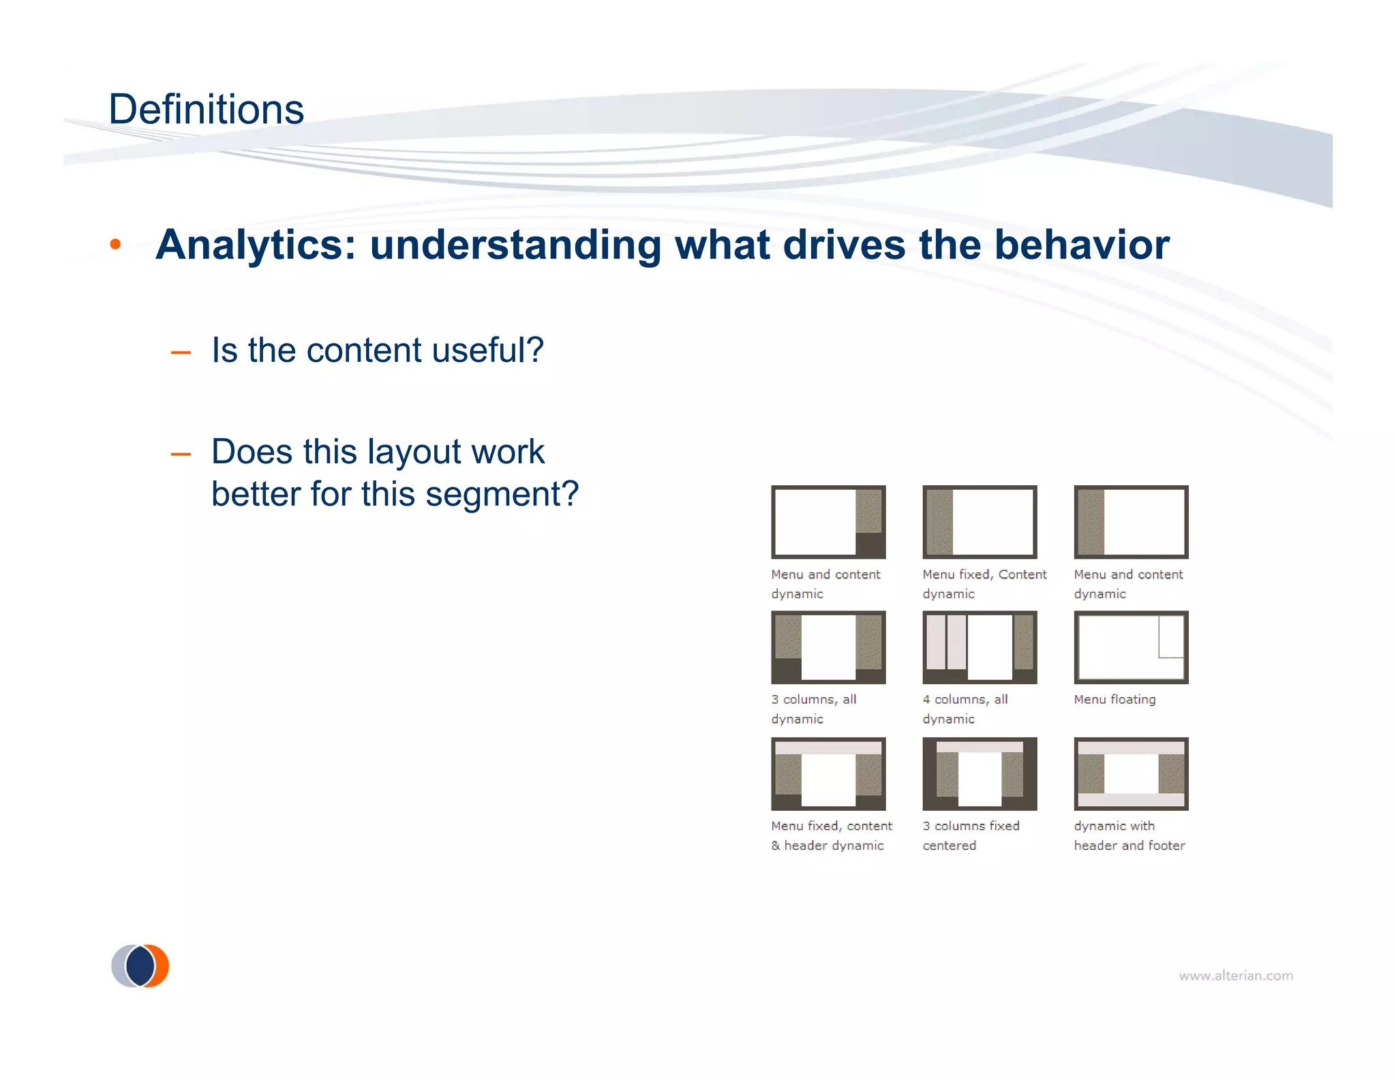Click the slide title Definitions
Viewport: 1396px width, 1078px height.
point(206,110)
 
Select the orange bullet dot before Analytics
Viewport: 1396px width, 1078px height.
point(115,245)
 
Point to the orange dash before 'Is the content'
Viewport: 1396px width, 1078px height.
point(181,352)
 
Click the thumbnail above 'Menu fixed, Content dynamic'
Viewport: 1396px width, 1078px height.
point(980,522)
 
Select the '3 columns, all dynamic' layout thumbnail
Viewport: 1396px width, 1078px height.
point(828,647)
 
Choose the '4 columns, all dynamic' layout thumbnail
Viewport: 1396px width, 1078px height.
point(980,647)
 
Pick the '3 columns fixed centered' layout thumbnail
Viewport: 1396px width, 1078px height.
point(980,773)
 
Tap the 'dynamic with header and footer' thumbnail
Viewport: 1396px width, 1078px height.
point(1131,773)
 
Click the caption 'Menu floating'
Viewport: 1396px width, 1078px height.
point(1114,700)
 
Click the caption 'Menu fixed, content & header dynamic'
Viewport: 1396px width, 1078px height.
point(831,835)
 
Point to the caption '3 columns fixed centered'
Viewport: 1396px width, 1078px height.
point(971,835)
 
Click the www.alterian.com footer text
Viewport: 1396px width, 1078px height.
point(1235,976)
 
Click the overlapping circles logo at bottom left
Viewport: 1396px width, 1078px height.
point(140,966)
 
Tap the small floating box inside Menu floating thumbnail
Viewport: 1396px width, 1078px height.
point(1171,636)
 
